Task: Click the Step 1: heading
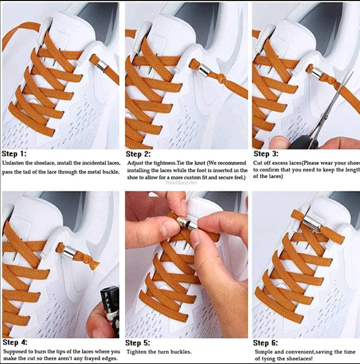pyautogui.click(x=14, y=154)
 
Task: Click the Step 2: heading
pyautogui.click(x=138, y=154)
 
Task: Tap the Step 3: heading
pyautogui.click(x=266, y=154)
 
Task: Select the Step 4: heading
pyautogui.click(x=15, y=342)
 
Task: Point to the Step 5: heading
pyautogui.click(x=137, y=343)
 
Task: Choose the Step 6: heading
pyautogui.click(x=265, y=343)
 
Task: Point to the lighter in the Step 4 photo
pyautogui.click(x=110, y=308)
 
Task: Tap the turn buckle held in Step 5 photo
pyautogui.click(x=186, y=223)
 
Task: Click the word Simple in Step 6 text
pyautogui.click(x=263, y=352)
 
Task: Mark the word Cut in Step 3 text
pyautogui.click(x=258, y=163)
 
